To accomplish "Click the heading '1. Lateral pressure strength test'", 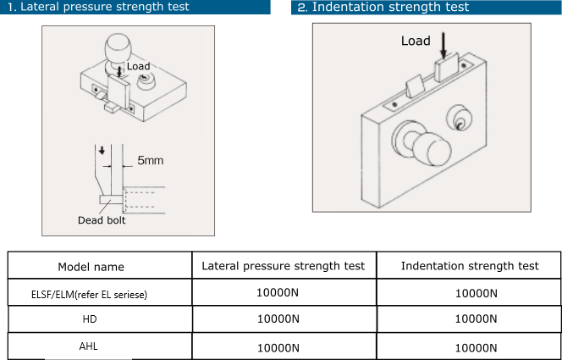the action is pos(98,7).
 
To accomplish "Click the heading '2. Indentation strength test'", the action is pos(383,7).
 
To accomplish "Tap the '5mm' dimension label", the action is pos(150,160).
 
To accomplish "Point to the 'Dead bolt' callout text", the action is pos(102,220).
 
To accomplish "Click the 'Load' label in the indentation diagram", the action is pos(416,41).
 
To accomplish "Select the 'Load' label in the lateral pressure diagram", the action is pos(138,66).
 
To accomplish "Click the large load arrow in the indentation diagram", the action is pos(444,46).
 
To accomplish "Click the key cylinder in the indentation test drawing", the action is pos(459,119).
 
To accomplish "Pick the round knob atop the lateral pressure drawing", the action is pos(118,47).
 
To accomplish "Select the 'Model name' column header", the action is pos(91,267).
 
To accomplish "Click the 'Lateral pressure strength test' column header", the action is pos(284,266).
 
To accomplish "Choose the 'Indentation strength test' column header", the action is pos(470,266).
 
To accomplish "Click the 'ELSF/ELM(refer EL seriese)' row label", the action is pos(89,295).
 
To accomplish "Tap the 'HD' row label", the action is pos(90,319).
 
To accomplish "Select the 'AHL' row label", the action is pos(88,346).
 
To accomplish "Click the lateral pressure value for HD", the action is pos(278,318).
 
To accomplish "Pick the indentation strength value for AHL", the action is pos(476,348).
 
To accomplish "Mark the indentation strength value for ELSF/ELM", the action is pos(476,293).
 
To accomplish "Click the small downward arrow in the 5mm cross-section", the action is pos(102,150).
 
